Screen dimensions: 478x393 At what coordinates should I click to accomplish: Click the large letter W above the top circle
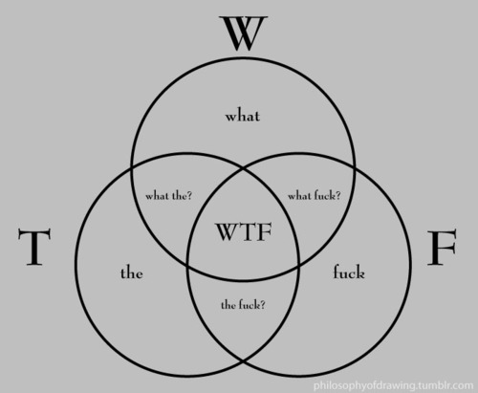[x=244, y=33]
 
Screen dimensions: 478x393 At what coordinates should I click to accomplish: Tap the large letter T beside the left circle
[x=34, y=247]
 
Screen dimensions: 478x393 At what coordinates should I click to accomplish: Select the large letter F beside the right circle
[x=442, y=248]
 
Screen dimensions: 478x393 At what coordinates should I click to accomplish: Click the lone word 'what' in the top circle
[x=243, y=116]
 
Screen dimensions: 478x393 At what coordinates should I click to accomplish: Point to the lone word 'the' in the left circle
[x=132, y=273]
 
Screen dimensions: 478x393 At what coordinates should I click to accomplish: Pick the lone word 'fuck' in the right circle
[x=349, y=273]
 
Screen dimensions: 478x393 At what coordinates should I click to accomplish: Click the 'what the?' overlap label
[x=169, y=195]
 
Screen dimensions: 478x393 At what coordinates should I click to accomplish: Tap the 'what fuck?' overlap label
[x=315, y=195]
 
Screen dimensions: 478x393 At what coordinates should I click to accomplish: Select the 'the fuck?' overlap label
[x=243, y=305]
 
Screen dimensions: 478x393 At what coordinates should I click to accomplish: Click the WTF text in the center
[x=244, y=232]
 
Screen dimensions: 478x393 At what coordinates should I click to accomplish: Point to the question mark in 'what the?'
[x=189, y=195]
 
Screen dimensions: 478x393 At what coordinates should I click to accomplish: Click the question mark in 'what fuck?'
[x=337, y=195]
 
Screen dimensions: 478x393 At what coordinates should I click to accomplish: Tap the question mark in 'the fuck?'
[x=262, y=305]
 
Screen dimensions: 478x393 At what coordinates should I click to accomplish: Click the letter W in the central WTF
[x=227, y=232]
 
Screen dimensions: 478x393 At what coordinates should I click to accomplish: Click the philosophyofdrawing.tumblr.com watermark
[x=394, y=385]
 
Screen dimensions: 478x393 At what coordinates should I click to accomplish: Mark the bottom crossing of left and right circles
[x=244, y=361]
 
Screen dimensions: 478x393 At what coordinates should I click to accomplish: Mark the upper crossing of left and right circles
[x=244, y=168]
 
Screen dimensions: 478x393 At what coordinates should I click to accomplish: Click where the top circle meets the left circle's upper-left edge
[x=132, y=168]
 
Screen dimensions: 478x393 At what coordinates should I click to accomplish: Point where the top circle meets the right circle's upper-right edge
[x=355, y=168]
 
